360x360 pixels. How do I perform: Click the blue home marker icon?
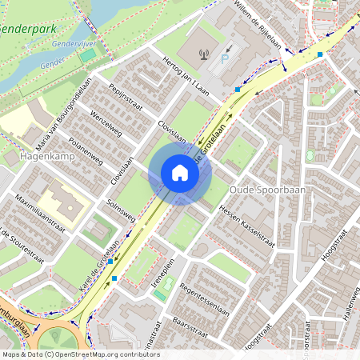(180, 173)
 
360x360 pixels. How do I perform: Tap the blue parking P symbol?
(225, 58)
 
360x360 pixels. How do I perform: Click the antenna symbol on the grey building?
(202, 55)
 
